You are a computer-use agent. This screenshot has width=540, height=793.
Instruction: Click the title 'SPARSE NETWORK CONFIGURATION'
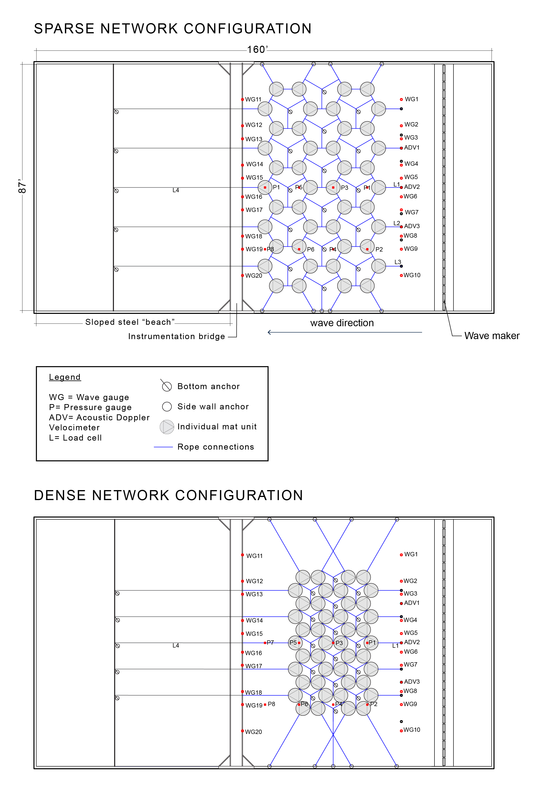click(172, 29)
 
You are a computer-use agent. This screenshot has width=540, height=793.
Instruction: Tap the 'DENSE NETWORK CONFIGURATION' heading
click(168, 496)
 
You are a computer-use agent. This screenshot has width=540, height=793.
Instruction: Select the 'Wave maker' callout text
click(492, 336)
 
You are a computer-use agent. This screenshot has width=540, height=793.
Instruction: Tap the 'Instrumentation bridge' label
click(177, 336)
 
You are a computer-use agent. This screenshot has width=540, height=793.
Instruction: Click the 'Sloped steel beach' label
click(130, 322)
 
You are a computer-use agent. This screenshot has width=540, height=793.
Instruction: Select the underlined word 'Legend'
click(65, 377)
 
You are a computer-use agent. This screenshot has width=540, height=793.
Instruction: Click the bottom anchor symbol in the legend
click(167, 386)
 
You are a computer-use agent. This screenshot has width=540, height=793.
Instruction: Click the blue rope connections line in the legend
click(163, 447)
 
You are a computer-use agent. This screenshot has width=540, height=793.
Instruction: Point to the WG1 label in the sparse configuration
click(411, 99)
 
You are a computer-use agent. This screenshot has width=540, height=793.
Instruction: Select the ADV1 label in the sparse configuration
click(412, 148)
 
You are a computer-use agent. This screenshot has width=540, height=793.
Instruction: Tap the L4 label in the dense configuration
click(176, 646)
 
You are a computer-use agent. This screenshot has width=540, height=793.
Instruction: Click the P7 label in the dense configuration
click(270, 642)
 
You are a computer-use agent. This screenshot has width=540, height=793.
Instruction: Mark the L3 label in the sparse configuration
click(398, 262)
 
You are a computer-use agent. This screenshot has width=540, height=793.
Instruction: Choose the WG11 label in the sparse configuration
click(253, 100)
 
